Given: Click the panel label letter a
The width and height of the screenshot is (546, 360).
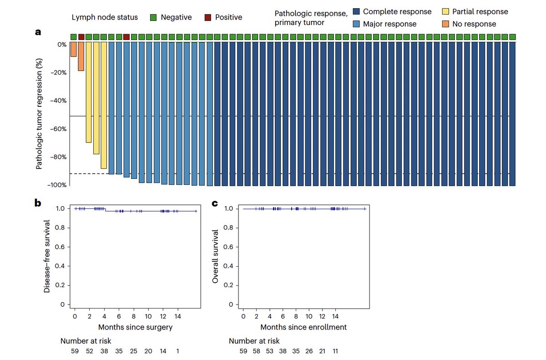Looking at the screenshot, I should click(39, 32).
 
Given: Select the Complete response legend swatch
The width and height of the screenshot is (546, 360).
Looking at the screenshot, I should click(357, 12).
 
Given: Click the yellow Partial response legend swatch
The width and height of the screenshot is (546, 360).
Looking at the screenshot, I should click(445, 12).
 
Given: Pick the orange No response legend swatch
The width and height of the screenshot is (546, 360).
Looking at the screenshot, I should click(445, 24).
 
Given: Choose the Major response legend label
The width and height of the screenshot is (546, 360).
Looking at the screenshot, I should click(389, 24).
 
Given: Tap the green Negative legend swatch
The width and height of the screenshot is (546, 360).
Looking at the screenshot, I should click(154, 17).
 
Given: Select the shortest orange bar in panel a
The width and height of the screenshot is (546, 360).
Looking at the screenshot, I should click(73, 49).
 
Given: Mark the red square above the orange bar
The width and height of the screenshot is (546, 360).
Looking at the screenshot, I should click(81, 37).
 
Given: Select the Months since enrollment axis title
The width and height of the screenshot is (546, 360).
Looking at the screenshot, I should click(303, 327).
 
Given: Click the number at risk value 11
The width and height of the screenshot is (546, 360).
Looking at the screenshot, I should click(335, 351).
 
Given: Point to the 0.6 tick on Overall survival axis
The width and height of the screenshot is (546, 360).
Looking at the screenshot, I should click(231, 247).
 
